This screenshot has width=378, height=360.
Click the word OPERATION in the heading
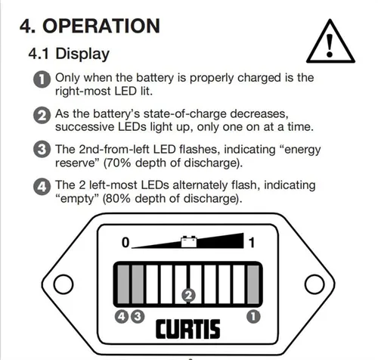pyautogui.click(x=101, y=26)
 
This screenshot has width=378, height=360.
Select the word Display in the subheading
pyautogui.click(x=82, y=54)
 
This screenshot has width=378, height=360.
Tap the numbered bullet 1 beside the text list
pyautogui.click(x=42, y=79)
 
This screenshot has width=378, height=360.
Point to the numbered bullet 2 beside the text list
pyautogui.click(x=42, y=116)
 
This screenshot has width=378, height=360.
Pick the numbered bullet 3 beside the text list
pyautogui.click(x=42, y=149)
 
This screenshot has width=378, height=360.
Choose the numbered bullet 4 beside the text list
pyautogui.click(x=42, y=187)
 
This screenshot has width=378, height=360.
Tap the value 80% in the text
pyautogui.click(x=118, y=199)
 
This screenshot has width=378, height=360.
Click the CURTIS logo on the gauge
pyautogui.click(x=187, y=329)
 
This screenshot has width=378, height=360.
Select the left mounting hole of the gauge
pyautogui.click(x=64, y=284)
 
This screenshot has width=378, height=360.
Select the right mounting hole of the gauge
pyautogui.click(x=314, y=284)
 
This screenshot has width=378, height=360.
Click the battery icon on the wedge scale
pyautogui.click(x=189, y=241)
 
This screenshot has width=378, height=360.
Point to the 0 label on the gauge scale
pyautogui.click(x=125, y=243)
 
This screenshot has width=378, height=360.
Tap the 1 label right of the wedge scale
pyautogui.click(x=252, y=243)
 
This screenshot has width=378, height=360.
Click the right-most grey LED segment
pyautogui.click(x=253, y=284)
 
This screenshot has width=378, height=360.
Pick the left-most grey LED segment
pyautogui.click(x=123, y=284)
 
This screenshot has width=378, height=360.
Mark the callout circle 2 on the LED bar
pyautogui.click(x=188, y=295)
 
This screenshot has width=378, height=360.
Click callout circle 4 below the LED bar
pyautogui.click(x=122, y=317)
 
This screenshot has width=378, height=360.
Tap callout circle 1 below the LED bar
pyautogui.click(x=253, y=317)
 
